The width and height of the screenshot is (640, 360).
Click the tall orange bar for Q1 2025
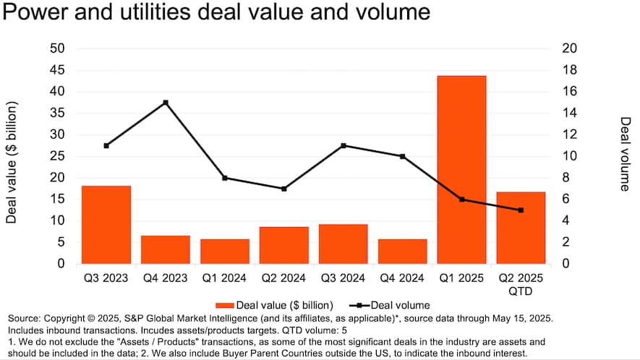tap(461, 169)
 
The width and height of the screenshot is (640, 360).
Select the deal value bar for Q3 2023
tap(106, 224)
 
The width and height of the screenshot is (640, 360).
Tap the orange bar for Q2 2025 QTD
tap(521, 227)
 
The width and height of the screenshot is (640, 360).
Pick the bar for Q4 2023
tap(166, 249)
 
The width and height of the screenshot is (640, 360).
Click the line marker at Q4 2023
tap(166, 103)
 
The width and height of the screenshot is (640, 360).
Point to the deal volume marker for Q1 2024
tap(225, 178)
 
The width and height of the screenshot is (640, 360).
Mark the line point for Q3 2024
tap(344, 145)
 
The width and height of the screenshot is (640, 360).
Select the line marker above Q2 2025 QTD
tap(521, 210)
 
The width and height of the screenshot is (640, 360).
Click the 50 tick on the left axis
tap(56, 48)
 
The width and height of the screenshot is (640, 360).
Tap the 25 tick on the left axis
tap(56, 156)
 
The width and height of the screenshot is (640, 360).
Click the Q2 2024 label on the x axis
tap(284, 278)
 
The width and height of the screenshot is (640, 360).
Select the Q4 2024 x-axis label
tap(402, 278)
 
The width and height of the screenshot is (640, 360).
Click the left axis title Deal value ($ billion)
tap(12, 162)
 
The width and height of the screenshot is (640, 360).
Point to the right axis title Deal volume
tap(626, 154)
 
